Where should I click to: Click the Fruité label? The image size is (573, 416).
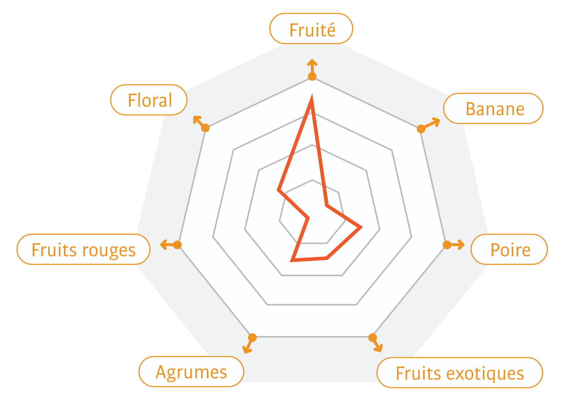pyautogui.click(x=311, y=29)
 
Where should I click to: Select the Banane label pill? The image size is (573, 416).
pyautogui.click(x=493, y=109)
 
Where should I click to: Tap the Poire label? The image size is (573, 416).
pyautogui.click(x=509, y=249)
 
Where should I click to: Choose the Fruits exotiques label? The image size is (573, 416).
pyautogui.click(x=460, y=373)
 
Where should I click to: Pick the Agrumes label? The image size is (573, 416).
pyautogui.click(x=191, y=372)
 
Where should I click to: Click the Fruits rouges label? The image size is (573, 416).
pyautogui.click(x=84, y=249)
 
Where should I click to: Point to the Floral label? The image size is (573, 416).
pyautogui.click(x=149, y=100)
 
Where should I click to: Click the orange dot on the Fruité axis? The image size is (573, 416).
pyautogui.click(x=312, y=77)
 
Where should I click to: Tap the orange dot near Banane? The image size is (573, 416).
pyautogui.click(x=421, y=129)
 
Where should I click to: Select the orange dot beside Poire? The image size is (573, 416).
pyautogui.click(x=447, y=245)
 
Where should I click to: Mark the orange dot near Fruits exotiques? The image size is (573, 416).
pyautogui.click(x=372, y=337)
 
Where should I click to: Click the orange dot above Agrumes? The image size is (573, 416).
pyautogui.click(x=252, y=337)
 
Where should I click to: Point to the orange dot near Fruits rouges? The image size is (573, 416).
pyautogui.click(x=177, y=245)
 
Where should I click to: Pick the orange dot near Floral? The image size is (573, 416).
pyautogui.click(x=205, y=128)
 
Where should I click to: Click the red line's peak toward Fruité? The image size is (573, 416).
pyautogui.click(x=311, y=97)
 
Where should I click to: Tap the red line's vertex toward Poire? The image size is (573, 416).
pyautogui.click(x=361, y=227)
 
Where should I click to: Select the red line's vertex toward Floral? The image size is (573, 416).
pyautogui.click(x=278, y=190)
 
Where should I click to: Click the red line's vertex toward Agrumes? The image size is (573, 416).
pyautogui.click(x=292, y=260)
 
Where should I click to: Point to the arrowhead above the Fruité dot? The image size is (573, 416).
pyautogui.click(x=312, y=62)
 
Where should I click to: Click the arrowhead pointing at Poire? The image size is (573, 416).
pyautogui.click(x=462, y=245)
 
